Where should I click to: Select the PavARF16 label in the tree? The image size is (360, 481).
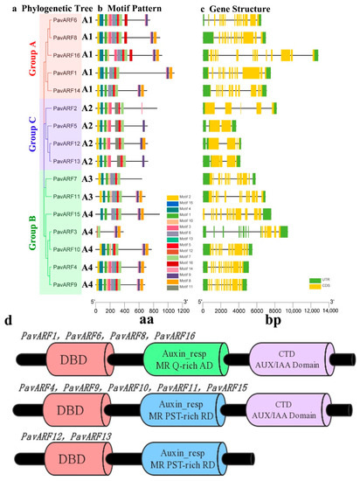point(65,53)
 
